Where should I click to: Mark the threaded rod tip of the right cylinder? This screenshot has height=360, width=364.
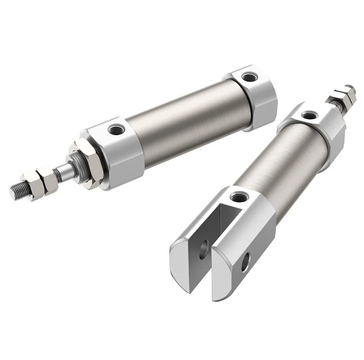349,89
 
